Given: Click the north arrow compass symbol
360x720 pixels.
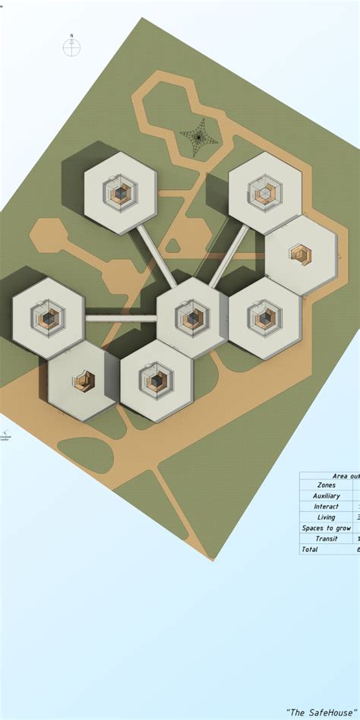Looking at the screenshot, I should click(71, 48).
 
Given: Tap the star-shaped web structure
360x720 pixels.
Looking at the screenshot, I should click(198, 137).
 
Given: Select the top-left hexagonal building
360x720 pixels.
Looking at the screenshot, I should click(120, 193).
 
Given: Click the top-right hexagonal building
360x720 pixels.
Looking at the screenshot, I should click(265, 192).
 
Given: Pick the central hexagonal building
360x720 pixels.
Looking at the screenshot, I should click(193, 317).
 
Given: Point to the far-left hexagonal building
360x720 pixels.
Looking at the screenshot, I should click(49, 318).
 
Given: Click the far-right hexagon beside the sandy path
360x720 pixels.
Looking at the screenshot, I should click(301, 254).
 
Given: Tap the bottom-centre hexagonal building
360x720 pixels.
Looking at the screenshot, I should click(156, 381).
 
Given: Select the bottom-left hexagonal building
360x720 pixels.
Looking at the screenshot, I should click(84, 381).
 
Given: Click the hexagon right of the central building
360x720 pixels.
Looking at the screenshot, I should click(265, 317).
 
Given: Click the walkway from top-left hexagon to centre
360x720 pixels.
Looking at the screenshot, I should click(156, 255).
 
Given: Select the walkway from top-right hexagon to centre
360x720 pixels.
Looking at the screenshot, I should click(229, 255).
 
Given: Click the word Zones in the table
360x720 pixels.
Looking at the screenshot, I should click(327, 485).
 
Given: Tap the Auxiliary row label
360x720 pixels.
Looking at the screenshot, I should click(327, 496).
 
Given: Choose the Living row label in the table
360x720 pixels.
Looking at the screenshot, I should click(327, 517).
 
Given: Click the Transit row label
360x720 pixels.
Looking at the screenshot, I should click(327, 538).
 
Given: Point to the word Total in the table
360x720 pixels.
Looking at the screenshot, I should click(310, 549).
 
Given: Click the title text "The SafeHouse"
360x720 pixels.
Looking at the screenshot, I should click(321, 712).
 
